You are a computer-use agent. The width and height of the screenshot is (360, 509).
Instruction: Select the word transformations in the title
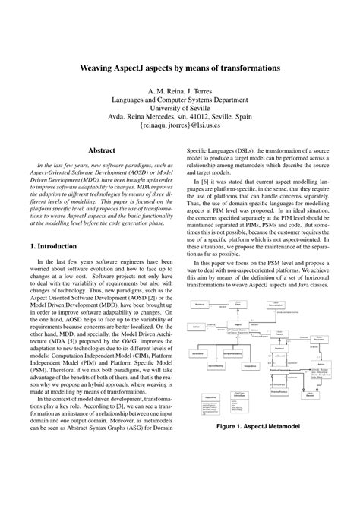pos(244,67)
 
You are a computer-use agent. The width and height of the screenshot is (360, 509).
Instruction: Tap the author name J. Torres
pos(201,89)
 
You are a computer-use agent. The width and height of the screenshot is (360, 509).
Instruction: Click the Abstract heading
pos(101,150)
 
